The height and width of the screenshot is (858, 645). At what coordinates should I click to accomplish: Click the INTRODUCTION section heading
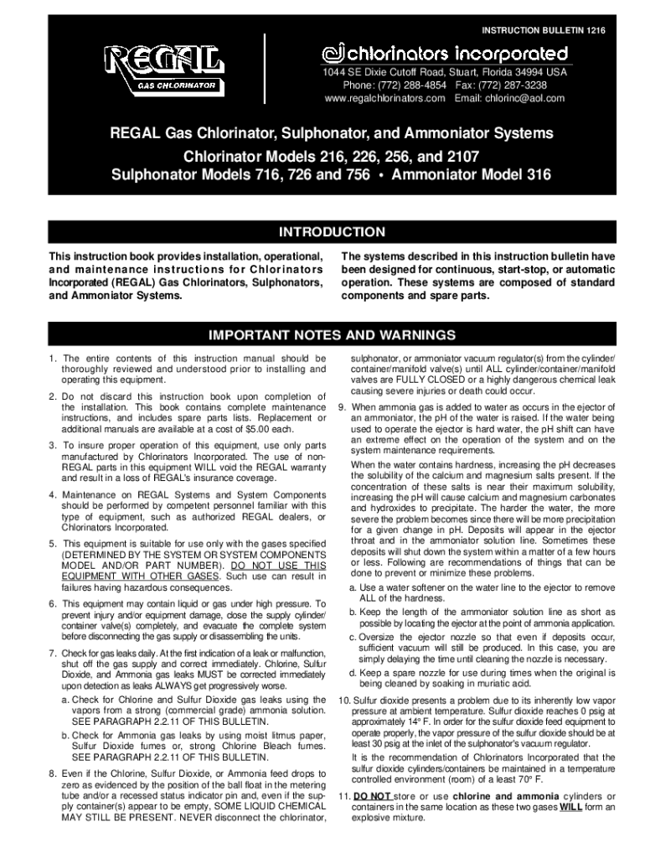[x=332, y=232]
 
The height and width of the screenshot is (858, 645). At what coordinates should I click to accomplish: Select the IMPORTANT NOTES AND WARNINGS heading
[x=332, y=336]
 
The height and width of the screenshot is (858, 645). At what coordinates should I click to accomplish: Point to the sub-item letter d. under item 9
[x=355, y=672]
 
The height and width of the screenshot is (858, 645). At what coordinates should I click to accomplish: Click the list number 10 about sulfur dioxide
[x=343, y=700]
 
